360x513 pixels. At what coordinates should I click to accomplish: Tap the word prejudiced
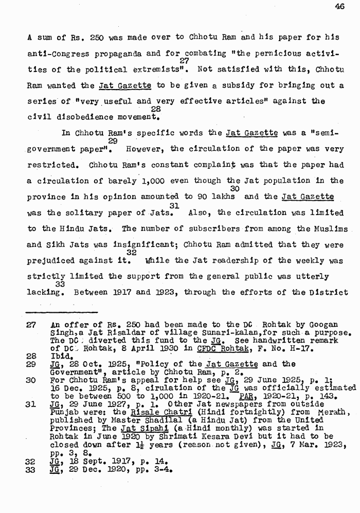[50, 261]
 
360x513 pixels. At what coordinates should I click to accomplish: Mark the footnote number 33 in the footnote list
[32, 470]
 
